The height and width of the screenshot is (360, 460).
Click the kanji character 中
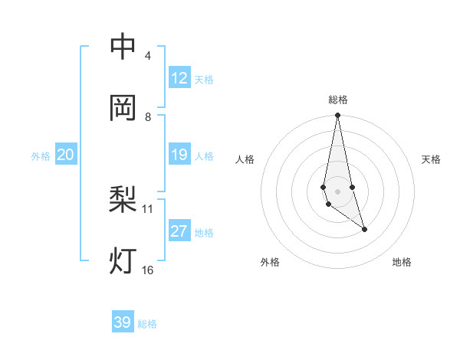123,47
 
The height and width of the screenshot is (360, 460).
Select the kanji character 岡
123,109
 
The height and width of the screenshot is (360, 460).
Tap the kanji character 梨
123,201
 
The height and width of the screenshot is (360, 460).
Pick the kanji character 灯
123,262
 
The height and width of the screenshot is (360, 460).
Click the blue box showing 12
179,78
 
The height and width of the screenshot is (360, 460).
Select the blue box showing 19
179,155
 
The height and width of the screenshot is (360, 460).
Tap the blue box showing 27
179,231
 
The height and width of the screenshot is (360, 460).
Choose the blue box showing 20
66,155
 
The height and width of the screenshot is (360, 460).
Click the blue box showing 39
123,322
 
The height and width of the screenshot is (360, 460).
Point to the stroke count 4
148,56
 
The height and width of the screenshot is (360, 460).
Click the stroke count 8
148,117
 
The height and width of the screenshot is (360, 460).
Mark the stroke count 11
148,208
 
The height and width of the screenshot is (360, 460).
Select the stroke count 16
148,270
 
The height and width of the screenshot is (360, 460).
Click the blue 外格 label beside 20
41,156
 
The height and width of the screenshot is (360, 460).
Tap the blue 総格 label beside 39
147,324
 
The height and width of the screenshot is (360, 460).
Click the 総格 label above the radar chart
338,100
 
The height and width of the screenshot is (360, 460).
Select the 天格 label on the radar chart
431,159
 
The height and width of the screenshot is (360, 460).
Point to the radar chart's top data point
337,116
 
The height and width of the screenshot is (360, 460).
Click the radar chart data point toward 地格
364,229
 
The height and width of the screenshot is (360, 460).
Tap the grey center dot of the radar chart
337,191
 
